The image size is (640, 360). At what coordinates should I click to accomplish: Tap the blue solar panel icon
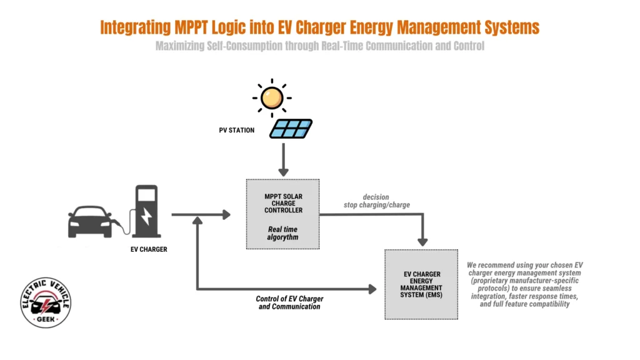[x=291, y=129]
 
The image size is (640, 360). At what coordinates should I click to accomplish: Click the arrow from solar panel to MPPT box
[x=284, y=159]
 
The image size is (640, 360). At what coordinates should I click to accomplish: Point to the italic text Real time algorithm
[x=283, y=233]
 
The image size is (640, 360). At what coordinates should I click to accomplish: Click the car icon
[x=90, y=221]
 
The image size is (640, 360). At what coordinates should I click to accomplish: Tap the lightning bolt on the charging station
[x=146, y=215]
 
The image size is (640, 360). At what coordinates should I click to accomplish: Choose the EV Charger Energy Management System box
[x=422, y=284]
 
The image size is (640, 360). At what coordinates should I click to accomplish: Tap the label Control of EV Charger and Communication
[x=289, y=302]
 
